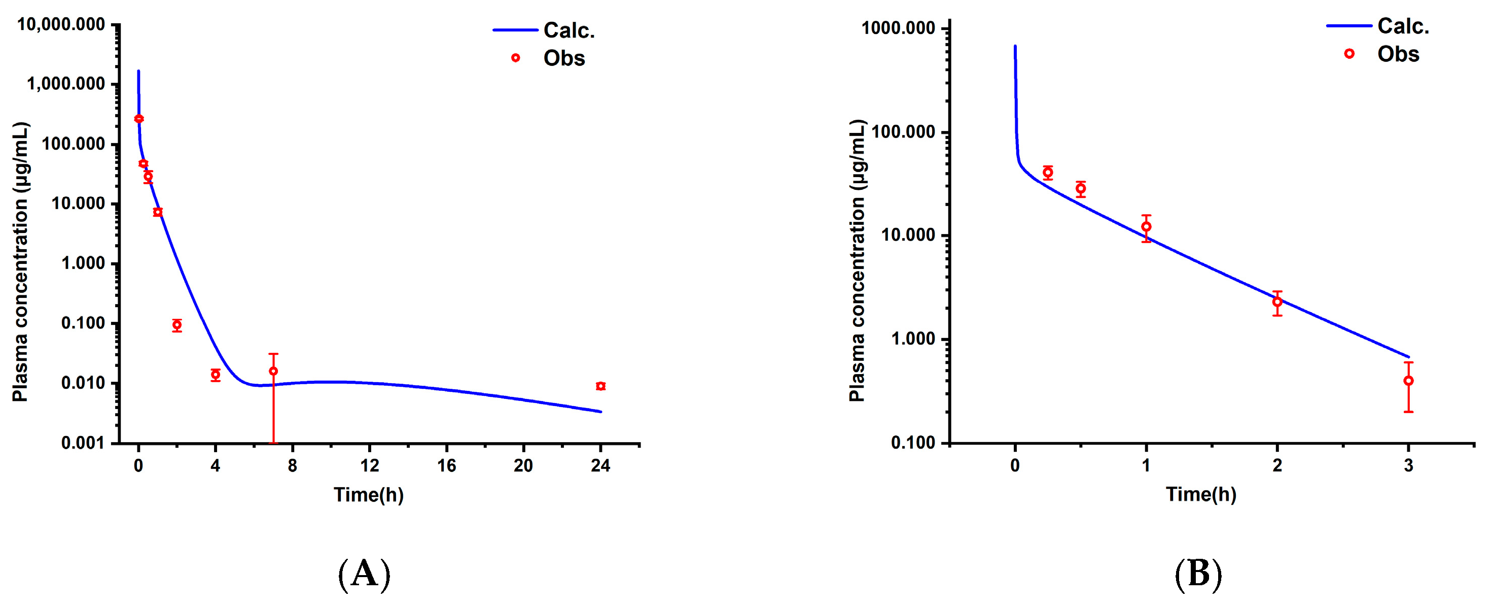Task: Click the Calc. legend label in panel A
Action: (569, 31)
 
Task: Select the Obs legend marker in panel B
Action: (1349, 54)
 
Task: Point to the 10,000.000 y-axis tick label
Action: (61, 25)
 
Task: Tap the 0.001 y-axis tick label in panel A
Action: (83, 443)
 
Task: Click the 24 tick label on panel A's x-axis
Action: (600, 465)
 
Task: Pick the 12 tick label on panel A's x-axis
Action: (370, 465)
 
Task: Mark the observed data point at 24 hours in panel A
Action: (600, 386)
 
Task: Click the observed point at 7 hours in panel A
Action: (273, 371)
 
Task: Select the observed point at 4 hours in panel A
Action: (216, 375)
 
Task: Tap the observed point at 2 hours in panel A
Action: (177, 325)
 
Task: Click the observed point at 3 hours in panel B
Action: (1409, 381)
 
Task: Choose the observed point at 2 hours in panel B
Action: (1277, 302)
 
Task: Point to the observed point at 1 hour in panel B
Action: (1146, 227)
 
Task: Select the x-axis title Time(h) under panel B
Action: (1201, 494)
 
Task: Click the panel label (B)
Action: (1198, 574)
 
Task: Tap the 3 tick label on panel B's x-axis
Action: (1409, 465)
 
